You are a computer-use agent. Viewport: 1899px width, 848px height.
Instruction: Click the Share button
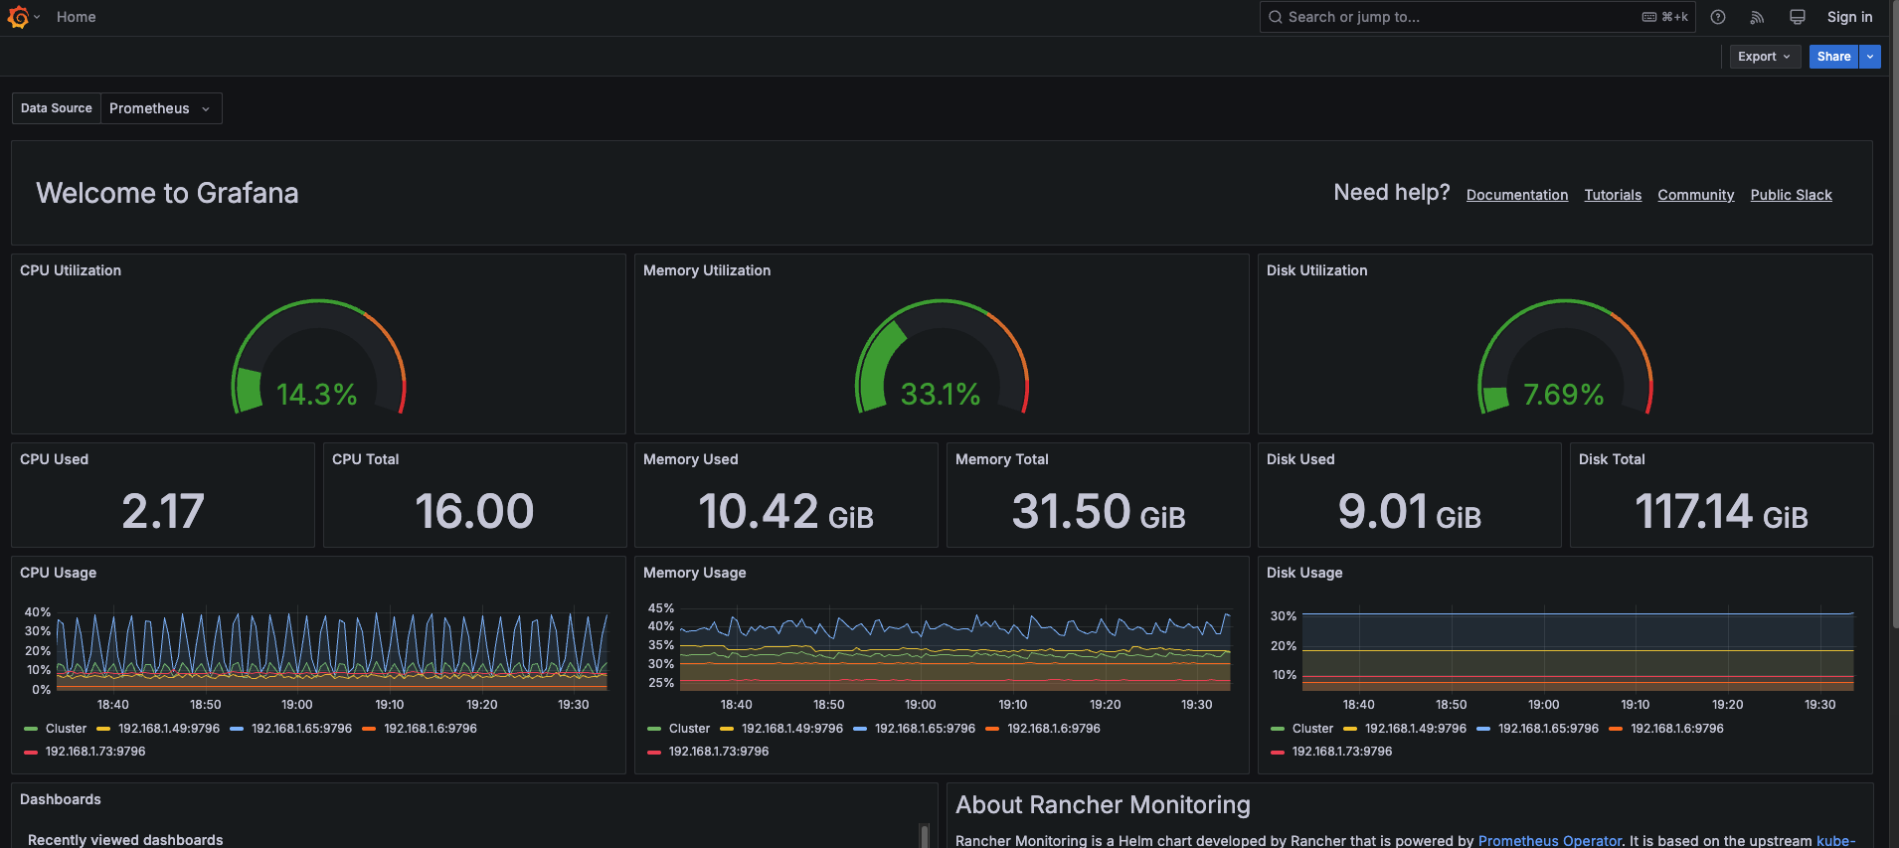click(1832, 57)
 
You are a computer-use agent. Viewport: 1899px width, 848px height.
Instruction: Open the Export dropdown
click(1764, 57)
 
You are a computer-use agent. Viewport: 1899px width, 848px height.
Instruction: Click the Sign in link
click(1848, 17)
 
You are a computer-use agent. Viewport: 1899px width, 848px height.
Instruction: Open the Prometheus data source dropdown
click(160, 108)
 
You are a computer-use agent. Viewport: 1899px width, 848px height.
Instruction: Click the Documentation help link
click(1516, 195)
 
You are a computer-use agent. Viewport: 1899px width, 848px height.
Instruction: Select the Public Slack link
click(1791, 195)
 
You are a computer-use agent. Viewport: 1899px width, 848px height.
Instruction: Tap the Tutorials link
click(1612, 195)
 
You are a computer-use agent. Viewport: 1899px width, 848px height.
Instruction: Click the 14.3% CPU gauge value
click(316, 395)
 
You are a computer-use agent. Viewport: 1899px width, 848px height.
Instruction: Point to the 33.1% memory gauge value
click(940, 395)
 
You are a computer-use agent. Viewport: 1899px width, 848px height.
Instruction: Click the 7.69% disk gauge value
click(1563, 395)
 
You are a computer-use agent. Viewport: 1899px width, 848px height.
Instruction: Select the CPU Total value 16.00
click(474, 511)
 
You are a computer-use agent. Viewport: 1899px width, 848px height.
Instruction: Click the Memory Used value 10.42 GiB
click(785, 512)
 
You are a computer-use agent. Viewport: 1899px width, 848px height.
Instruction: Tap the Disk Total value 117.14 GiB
click(1720, 512)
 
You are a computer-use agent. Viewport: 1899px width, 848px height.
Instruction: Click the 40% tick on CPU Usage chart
click(38, 612)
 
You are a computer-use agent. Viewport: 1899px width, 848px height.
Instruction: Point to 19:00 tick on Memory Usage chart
click(920, 705)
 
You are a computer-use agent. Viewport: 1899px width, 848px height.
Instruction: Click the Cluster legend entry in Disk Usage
click(1311, 729)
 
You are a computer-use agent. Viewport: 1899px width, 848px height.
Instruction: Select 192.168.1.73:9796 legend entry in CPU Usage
click(94, 752)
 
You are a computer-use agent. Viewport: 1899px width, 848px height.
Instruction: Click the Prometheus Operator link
click(1548, 841)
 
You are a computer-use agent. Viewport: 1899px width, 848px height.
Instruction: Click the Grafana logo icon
click(18, 17)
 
